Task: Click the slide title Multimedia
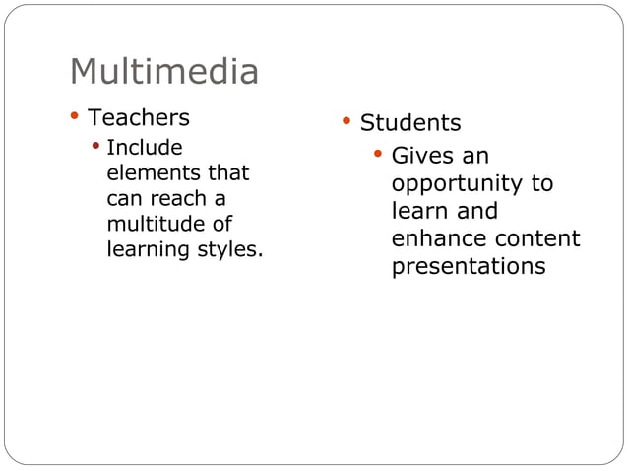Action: (x=164, y=72)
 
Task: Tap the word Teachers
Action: (x=139, y=118)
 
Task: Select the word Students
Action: (x=410, y=123)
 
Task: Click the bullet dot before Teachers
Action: (x=74, y=117)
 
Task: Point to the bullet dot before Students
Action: (x=345, y=121)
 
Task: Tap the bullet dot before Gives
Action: (x=377, y=154)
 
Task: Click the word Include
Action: (x=144, y=149)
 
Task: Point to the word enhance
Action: (x=438, y=239)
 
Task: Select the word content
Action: (x=537, y=239)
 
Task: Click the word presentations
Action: (x=469, y=267)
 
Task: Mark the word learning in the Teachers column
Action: (x=147, y=250)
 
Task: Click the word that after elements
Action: (x=228, y=174)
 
